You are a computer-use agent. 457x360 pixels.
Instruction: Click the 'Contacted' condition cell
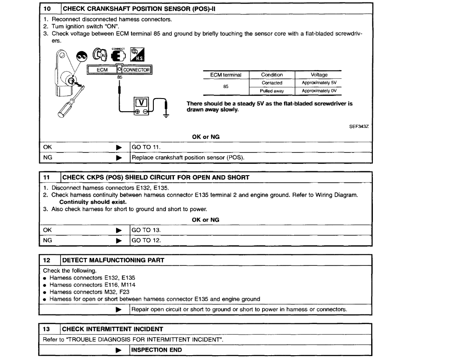pyautogui.click(x=272, y=82)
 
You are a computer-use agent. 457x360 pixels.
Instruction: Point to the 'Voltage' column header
pyautogui.click(x=319, y=75)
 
